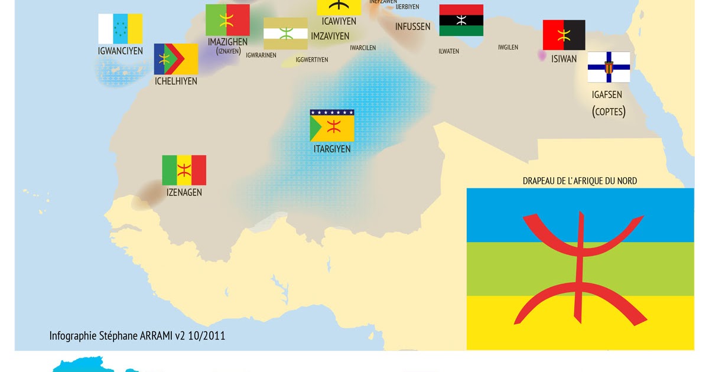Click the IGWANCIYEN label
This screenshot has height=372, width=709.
coord(121,51)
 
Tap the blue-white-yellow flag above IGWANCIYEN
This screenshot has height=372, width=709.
coord(121,28)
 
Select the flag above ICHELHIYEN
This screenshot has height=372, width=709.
coord(176,59)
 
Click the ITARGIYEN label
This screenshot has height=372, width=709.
coord(332,149)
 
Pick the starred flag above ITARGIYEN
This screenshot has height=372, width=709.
coord(332,125)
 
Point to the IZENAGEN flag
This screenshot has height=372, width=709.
coord(184,170)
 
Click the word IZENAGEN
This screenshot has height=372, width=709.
coord(184,192)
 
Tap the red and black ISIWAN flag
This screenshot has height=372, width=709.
coord(564,35)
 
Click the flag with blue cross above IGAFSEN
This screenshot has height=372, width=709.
coord(609,67)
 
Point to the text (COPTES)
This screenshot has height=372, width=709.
coord(609,111)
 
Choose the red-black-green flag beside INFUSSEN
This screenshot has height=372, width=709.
coord(461,20)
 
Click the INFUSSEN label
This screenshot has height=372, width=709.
coord(413,27)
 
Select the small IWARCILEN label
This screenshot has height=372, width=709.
coord(363,48)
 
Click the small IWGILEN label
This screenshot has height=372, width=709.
coord(508,47)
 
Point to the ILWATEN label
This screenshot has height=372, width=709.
coord(448,51)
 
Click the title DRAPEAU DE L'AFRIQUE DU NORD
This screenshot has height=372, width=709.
coord(580,181)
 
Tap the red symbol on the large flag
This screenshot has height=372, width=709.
coord(580,268)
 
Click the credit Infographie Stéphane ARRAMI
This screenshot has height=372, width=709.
coord(137,335)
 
